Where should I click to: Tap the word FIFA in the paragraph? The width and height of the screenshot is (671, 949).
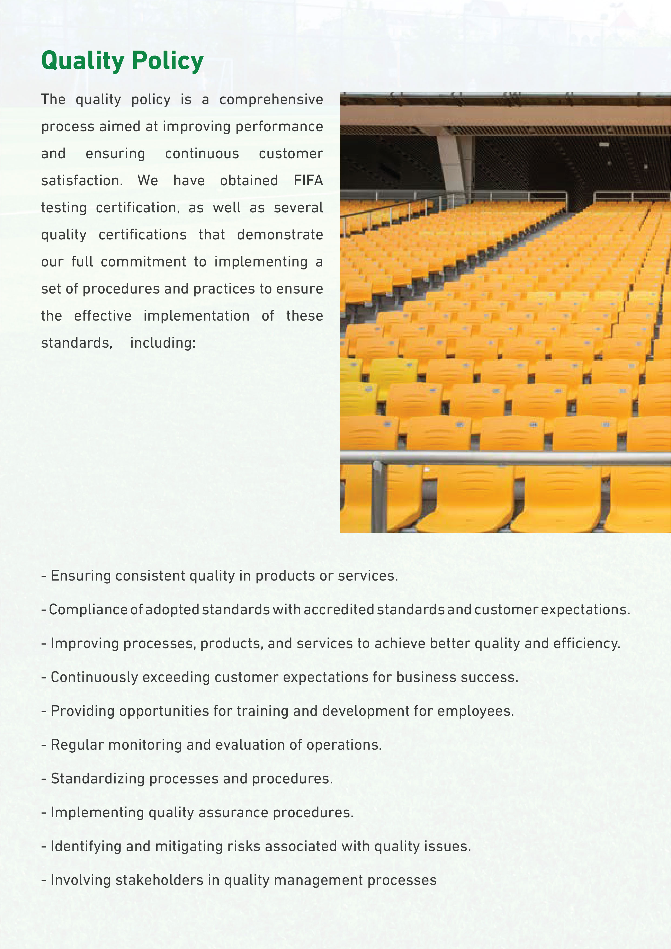coord(308,181)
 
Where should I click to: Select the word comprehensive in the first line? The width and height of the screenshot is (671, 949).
coord(271,100)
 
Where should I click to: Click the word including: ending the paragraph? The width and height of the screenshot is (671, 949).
coord(163,343)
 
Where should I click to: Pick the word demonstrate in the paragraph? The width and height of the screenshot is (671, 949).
coord(280,235)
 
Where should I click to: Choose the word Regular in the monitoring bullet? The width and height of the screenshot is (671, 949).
coord(77,745)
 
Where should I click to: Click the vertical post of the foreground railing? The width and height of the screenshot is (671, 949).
coord(378,496)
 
